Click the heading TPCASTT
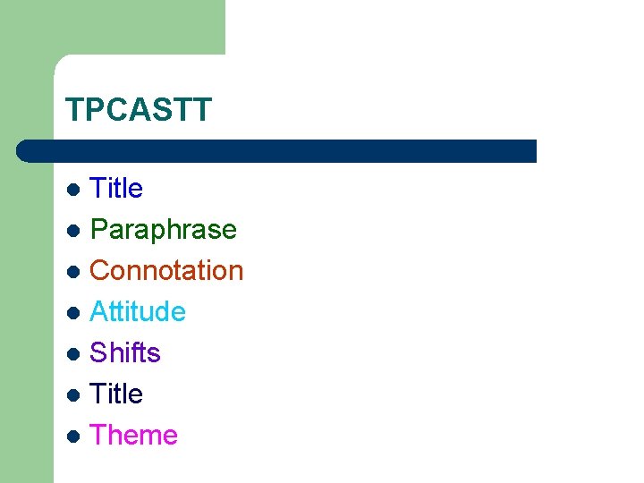pos(139,110)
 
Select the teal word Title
pos(116,189)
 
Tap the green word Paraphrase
pos(164,230)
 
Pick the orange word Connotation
pos(166,270)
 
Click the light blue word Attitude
pos(138,311)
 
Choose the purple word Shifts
pos(125,352)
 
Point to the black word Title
pos(116,394)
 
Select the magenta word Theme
pos(134,435)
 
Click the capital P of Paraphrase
pos(100,230)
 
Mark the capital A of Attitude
pos(100,311)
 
